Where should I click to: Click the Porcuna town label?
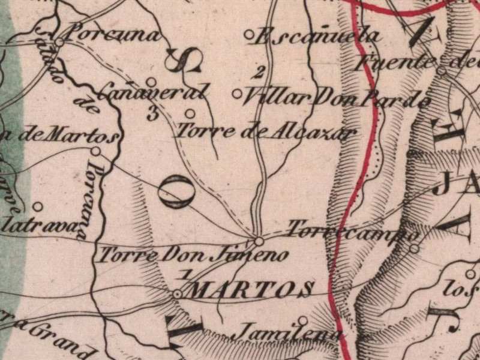pyautogui.click(x=112, y=34)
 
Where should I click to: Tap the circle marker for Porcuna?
pyautogui.click(x=60, y=42)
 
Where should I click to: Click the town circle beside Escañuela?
pyautogui.click(x=249, y=35)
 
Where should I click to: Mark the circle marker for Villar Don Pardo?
pyautogui.click(x=237, y=94)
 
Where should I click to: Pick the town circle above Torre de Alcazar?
pyautogui.click(x=190, y=113)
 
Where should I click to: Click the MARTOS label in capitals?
pyautogui.click(x=253, y=290)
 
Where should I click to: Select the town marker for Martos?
pyautogui.click(x=178, y=294)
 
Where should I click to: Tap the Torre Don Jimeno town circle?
pyautogui.click(x=259, y=241)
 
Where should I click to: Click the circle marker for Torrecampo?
pyautogui.click(x=414, y=248)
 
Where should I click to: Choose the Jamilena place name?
pyautogui.click(x=288, y=332)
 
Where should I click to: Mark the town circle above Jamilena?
pyautogui.click(x=304, y=320)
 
